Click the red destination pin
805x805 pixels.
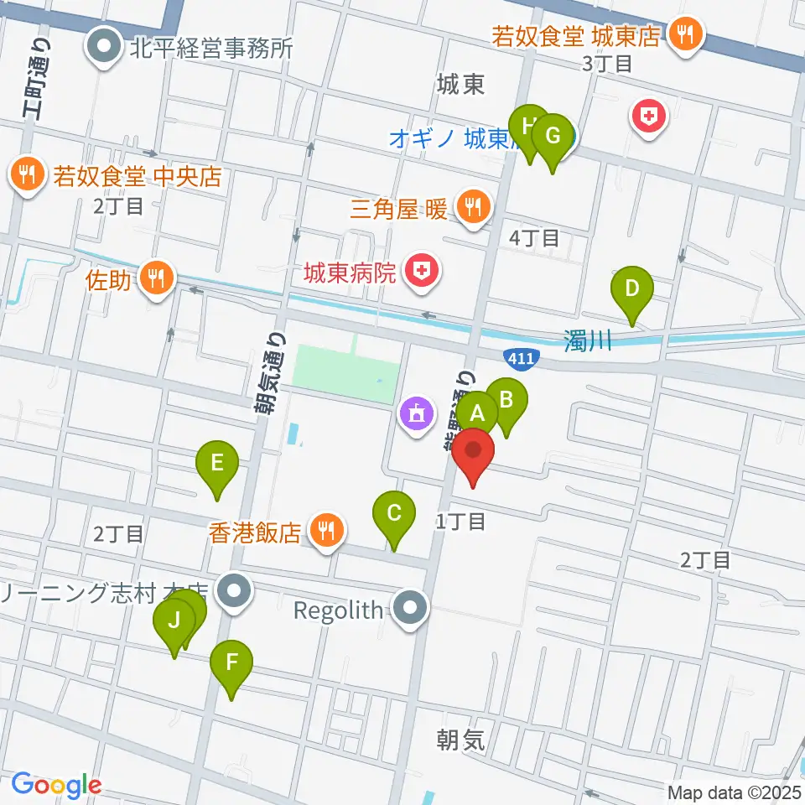(x=474, y=453)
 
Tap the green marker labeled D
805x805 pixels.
(x=633, y=290)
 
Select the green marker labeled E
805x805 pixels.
(x=217, y=463)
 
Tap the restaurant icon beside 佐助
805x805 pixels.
(x=155, y=275)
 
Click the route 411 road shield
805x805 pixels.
(x=517, y=358)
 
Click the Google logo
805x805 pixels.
(x=56, y=786)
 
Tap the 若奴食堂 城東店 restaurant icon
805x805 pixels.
(x=687, y=34)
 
